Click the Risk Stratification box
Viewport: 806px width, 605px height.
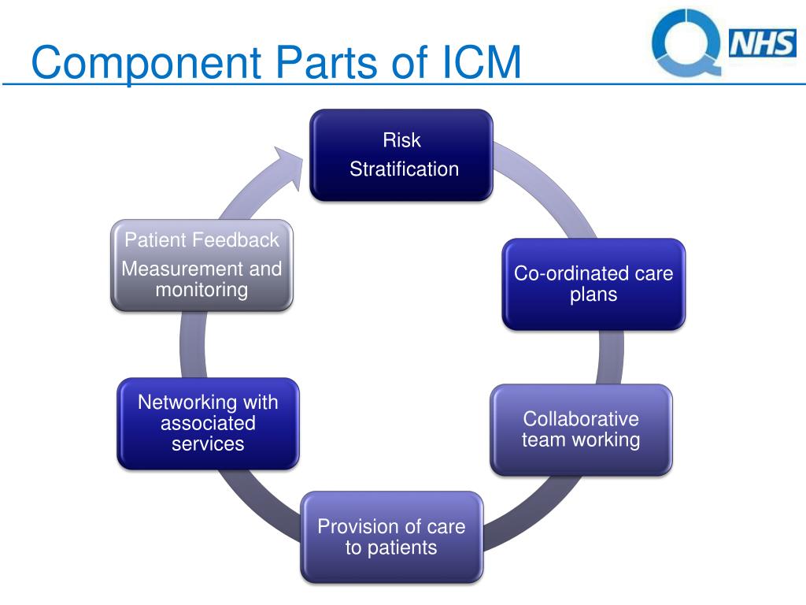(401, 155)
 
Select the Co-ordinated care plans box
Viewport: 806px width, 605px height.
(593, 284)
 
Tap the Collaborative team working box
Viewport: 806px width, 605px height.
(582, 429)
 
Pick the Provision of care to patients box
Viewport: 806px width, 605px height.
(392, 537)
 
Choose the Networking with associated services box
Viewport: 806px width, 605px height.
(208, 423)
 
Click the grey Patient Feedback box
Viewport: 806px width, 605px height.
(202, 265)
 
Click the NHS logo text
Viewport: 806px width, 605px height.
(762, 43)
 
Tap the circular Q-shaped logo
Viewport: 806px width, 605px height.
(686, 41)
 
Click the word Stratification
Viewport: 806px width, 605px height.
(404, 169)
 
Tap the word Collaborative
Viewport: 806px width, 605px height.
(581, 419)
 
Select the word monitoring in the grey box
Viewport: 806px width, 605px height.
(201, 290)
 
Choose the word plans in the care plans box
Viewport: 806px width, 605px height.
(593, 295)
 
